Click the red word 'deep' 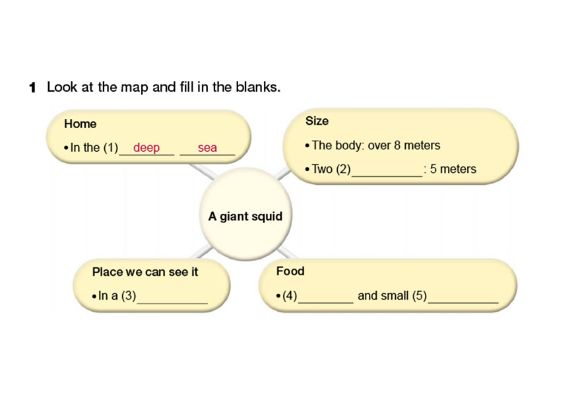point(146,148)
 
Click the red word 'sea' point(207,148)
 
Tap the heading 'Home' point(80,124)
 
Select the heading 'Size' point(317,121)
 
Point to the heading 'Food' point(290,271)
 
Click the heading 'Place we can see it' point(145,272)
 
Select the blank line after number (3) point(172,302)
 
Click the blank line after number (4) point(325,302)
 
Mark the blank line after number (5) point(463,302)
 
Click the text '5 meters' point(453,170)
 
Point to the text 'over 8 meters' point(405,145)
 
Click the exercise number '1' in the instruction point(32,87)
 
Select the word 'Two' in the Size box point(322,170)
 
